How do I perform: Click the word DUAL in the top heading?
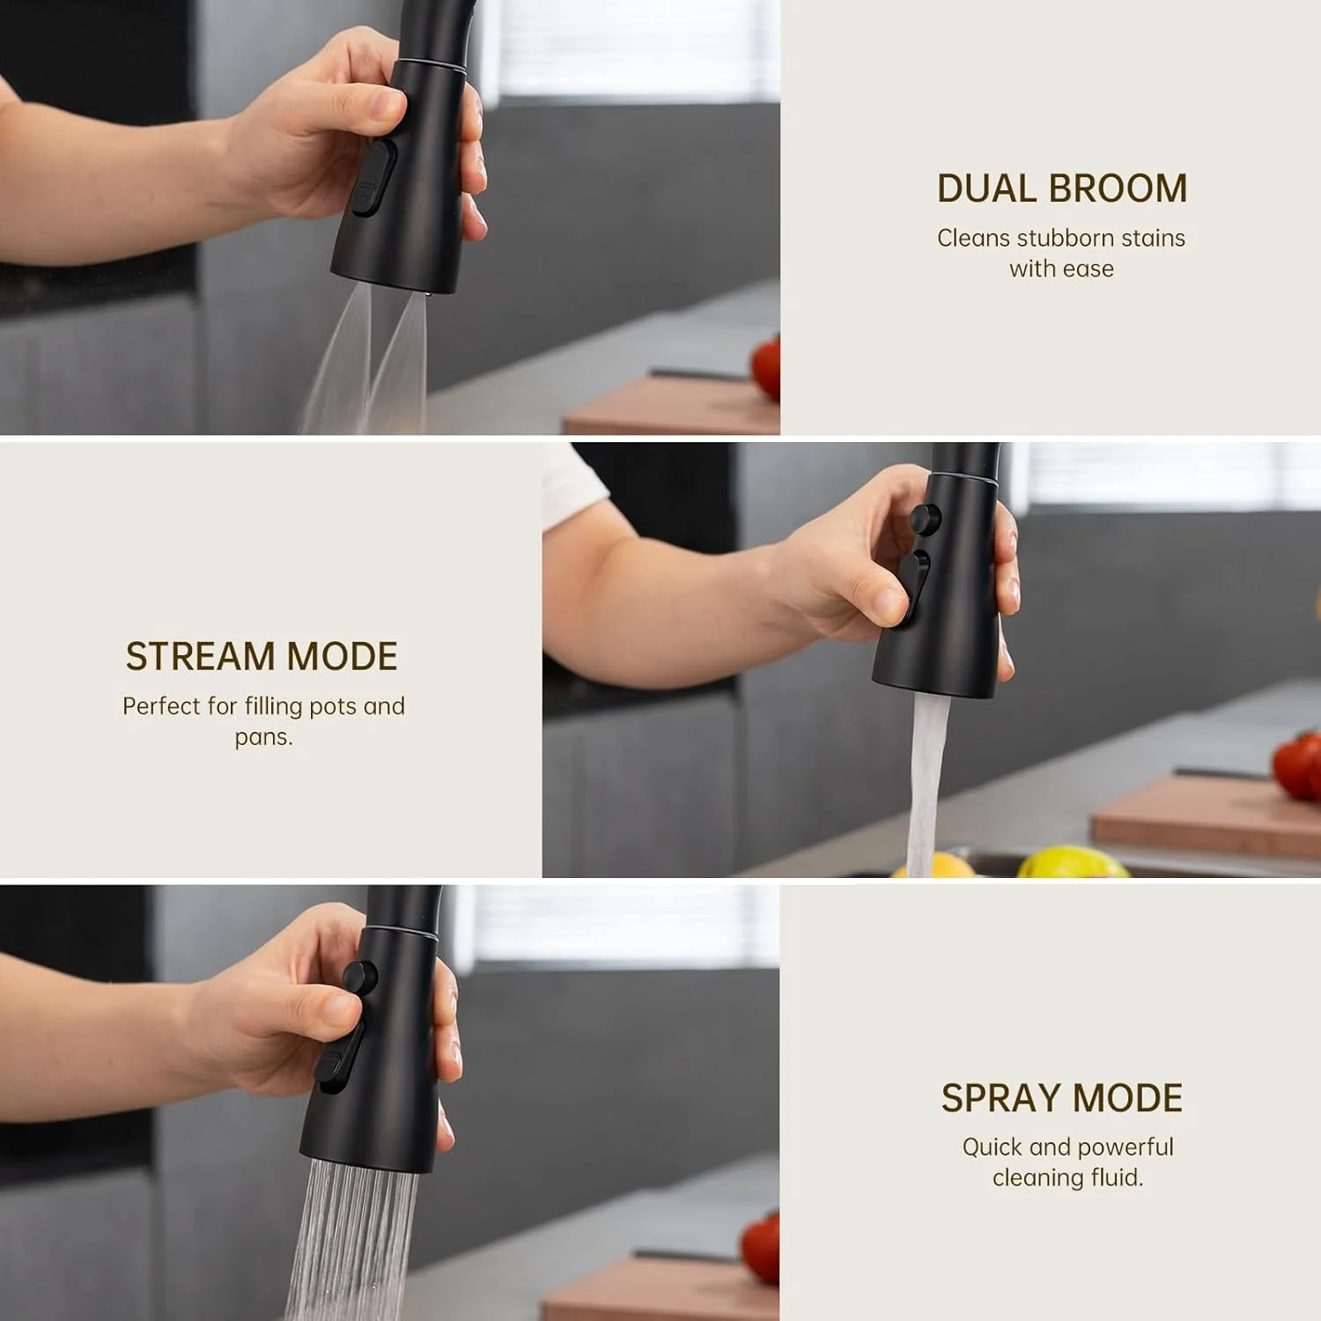[986, 188]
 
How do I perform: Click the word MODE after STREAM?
[343, 657]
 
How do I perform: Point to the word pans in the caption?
[261, 738]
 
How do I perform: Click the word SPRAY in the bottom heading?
[1000, 1098]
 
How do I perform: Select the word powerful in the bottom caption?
[1125, 1148]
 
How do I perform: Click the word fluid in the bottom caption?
[1118, 1177]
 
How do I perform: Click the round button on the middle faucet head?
[925, 518]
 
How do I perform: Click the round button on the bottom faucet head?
[359, 977]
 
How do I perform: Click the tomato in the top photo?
[767, 368]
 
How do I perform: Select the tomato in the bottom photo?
[761, 1249]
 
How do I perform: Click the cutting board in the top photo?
[672, 404]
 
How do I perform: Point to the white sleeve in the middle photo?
[572, 484]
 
